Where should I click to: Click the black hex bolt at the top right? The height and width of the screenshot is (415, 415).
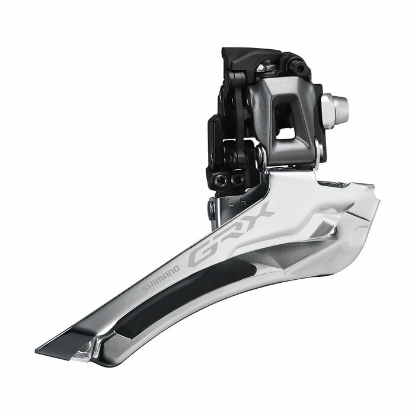pos(300,69)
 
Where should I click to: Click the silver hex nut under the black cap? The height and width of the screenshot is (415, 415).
pos(270,68)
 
